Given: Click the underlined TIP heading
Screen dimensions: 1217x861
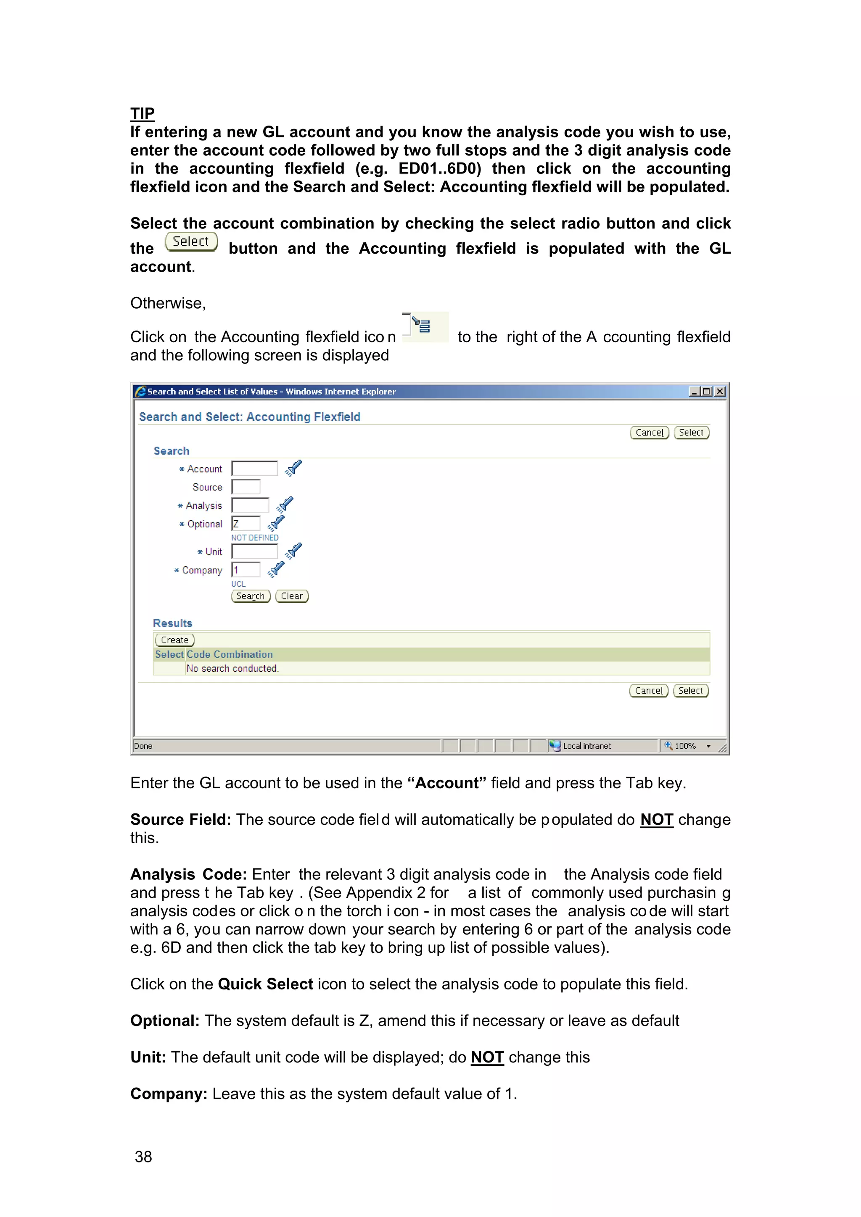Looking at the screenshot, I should (142, 113).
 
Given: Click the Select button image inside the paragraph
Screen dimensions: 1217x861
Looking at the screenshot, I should (191, 242).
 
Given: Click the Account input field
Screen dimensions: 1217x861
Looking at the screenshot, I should (255, 469).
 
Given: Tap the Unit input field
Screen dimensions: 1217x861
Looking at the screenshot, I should (255, 552).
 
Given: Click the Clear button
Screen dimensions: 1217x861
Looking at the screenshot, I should (292, 596).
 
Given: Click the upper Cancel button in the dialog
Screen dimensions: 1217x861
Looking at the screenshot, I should (650, 433).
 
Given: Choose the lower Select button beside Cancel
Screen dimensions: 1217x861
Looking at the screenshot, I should (690, 691).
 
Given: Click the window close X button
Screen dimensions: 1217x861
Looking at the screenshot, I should (719, 392).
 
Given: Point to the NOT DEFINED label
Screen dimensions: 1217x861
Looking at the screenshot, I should (255, 538).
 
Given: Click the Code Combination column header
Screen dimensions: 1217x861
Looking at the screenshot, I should (230, 655).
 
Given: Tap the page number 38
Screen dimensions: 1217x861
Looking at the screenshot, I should (143, 1157).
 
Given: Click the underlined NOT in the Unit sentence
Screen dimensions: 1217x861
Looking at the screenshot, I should (487, 1057).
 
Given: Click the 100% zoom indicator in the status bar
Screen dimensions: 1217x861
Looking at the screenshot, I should (685, 746).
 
